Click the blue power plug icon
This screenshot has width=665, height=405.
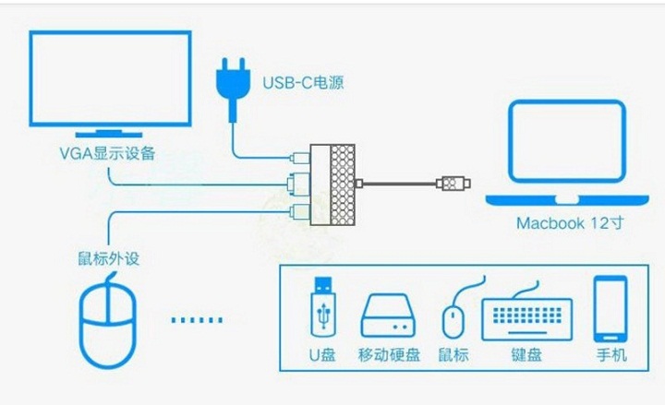[x=231, y=85]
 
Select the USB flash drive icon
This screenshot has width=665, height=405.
[x=324, y=306]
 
